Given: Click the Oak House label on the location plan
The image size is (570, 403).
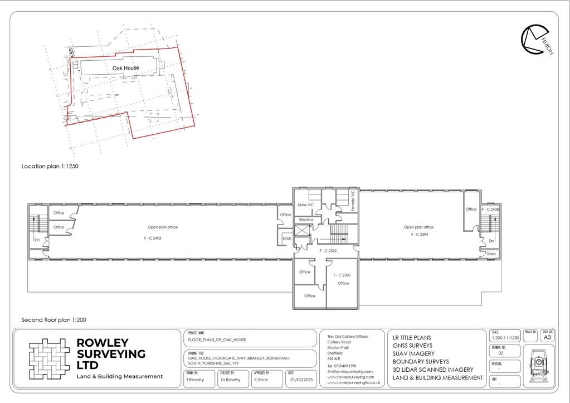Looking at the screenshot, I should pyautogui.click(x=126, y=68).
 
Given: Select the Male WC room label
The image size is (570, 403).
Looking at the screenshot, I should pyautogui.click(x=305, y=205).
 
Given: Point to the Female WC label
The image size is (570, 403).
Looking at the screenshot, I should pyautogui.click(x=353, y=200).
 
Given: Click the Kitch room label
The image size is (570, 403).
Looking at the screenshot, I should pyautogui.click(x=286, y=239).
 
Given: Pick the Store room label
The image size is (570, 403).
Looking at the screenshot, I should pyautogui.click(x=491, y=254).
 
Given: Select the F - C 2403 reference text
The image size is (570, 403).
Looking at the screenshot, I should pyautogui.click(x=154, y=239).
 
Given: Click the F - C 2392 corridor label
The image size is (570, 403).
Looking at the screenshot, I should pyautogui.click(x=329, y=251).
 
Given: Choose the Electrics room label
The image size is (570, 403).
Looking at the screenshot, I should pyautogui.click(x=306, y=220).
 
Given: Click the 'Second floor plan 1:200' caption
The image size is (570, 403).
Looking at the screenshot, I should pyautogui.click(x=53, y=321).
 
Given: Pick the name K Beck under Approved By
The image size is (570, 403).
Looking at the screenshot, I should pyautogui.click(x=261, y=380).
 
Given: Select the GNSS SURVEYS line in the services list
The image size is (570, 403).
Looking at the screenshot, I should pyautogui.click(x=412, y=346).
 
